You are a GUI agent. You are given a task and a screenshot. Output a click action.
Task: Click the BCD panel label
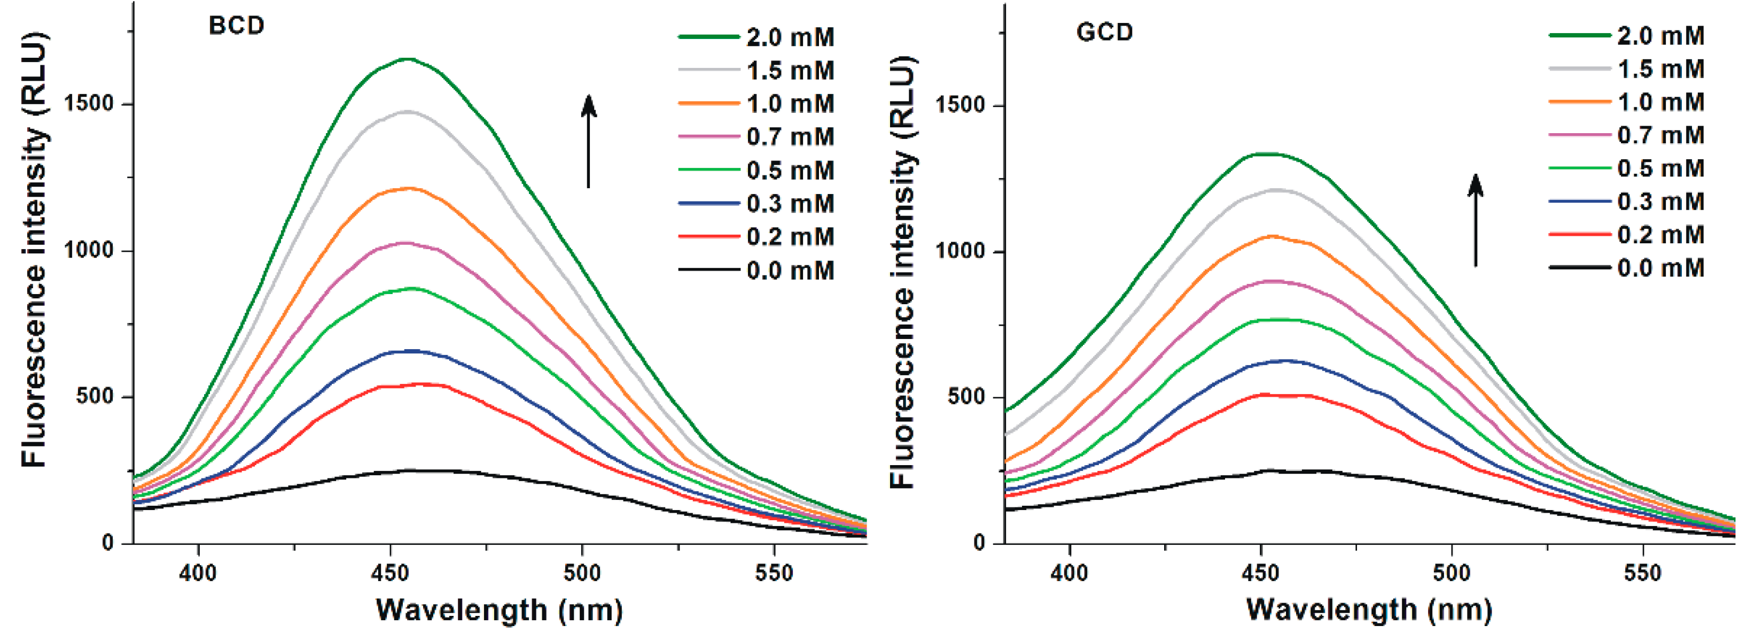236,26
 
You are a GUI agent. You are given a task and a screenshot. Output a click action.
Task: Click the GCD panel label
1104,32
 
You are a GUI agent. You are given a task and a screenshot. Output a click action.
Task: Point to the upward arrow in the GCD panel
1475,220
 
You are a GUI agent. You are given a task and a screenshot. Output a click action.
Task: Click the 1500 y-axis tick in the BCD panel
88,104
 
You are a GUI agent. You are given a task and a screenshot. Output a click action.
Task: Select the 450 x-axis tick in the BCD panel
390,573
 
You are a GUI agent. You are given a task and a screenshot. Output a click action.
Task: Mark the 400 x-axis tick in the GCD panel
1069,573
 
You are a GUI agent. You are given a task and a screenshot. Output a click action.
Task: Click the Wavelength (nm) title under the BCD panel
499,609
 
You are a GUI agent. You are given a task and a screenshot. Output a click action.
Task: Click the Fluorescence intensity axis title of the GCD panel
902,272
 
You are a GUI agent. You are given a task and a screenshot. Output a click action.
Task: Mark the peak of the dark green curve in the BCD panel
408,59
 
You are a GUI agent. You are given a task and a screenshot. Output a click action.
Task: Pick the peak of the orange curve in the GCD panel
1268,236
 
